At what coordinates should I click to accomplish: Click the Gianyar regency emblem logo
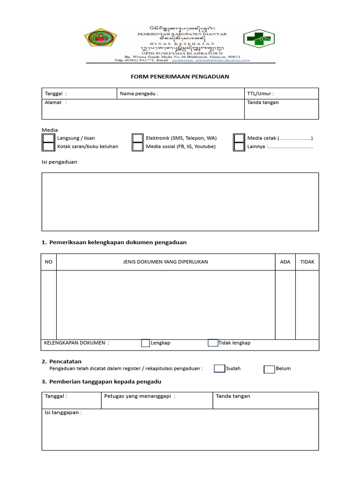pyautogui.click(x=101, y=40)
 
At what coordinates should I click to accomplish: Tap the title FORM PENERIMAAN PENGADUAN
pyautogui.click(x=180, y=76)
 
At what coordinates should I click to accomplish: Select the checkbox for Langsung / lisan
pyautogui.click(x=48, y=138)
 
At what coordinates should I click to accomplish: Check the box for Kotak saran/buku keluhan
pyautogui.click(x=48, y=147)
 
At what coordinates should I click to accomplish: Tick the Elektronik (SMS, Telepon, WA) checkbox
pyautogui.click(x=137, y=138)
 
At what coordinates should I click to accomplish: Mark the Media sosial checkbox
pyautogui.click(x=137, y=147)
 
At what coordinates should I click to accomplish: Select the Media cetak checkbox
pyautogui.click(x=239, y=138)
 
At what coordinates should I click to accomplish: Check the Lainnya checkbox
pyautogui.click(x=239, y=147)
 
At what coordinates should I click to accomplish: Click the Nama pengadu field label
pyautogui.click(x=139, y=94)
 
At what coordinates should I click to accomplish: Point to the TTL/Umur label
pyautogui.click(x=261, y=94)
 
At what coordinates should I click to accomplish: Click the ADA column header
pyautogui.click(x=285, y=262)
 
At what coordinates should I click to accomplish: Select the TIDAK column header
pyautogui.click(x=307, y=262)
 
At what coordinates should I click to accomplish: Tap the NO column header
pyautogui.click(x=49, y=262)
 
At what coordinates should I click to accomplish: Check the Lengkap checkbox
pyautogui.click(x=145, y=343)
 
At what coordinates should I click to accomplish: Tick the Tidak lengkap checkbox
pyautogui.click(x=213, y=343)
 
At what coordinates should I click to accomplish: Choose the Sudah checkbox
pyautogui.click(x=219, y=368)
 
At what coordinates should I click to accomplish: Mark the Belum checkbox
pyautogui.click(x=269, y=369)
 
